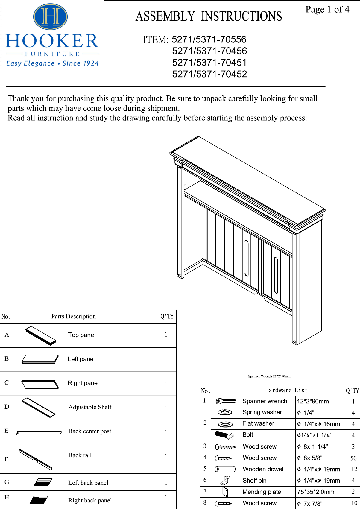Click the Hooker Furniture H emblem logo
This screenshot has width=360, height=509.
50,17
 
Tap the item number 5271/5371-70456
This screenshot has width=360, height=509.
209,51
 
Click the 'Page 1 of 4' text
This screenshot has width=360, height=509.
327,10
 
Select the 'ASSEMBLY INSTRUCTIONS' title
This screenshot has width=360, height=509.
209,16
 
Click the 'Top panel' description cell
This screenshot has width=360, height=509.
81,335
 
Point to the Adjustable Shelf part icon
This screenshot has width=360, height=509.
39,407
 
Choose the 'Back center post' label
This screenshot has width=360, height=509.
89,431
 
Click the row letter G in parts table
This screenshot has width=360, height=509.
7,482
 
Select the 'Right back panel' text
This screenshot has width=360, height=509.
90,500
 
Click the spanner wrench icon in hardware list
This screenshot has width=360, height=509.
226,401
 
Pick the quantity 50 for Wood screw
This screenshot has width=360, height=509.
353,458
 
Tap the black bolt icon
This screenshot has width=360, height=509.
224,435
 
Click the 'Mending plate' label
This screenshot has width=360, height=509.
262,492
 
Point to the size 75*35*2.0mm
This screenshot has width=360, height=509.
315,492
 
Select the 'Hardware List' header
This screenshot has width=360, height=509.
286,390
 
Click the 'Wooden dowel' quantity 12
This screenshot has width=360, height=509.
354,469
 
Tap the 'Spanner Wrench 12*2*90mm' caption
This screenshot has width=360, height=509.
269,376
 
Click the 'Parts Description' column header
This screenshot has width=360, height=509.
73,317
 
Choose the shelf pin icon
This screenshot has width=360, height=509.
225,481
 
